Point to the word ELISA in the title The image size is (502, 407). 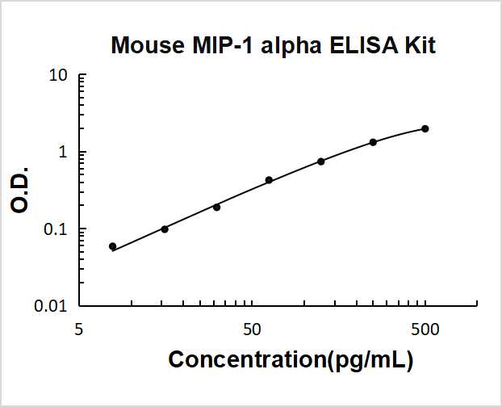tap(348, 45)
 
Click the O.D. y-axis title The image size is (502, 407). tap(21, 191)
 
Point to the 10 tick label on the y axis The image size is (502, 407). tap(57, 76)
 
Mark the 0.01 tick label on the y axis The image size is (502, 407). tap(51, 306)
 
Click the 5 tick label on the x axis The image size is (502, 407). tap(79, 329)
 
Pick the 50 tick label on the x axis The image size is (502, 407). tap(252, 329)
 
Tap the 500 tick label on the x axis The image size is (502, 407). tap(425, 329)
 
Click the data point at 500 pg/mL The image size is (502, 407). tap(425, 128)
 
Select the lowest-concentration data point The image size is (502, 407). tap(112, 246)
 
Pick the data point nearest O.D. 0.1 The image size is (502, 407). tap(165, 229)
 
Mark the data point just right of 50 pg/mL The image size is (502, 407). tap(269, 180)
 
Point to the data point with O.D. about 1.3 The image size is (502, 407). tap(373, 142)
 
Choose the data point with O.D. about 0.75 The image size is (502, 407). tap(321, 162)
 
